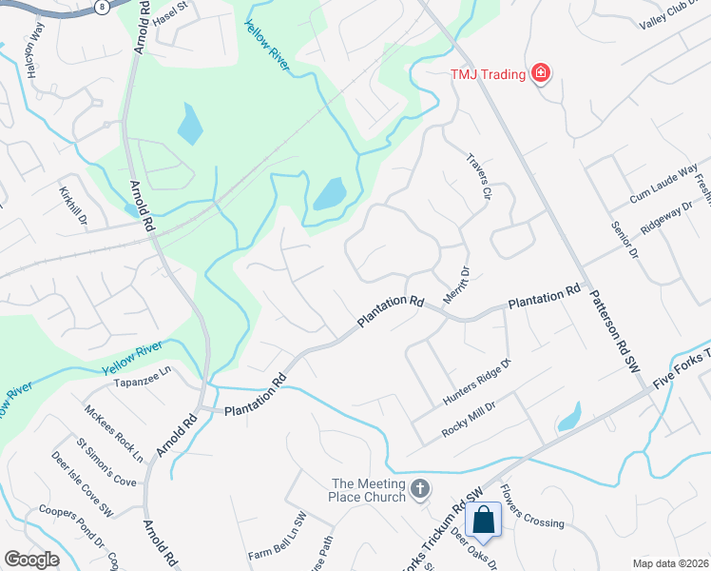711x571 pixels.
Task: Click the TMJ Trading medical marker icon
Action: (541, 72)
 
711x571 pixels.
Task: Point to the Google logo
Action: (30, 559)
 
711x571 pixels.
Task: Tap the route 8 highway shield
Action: (101, 7)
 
